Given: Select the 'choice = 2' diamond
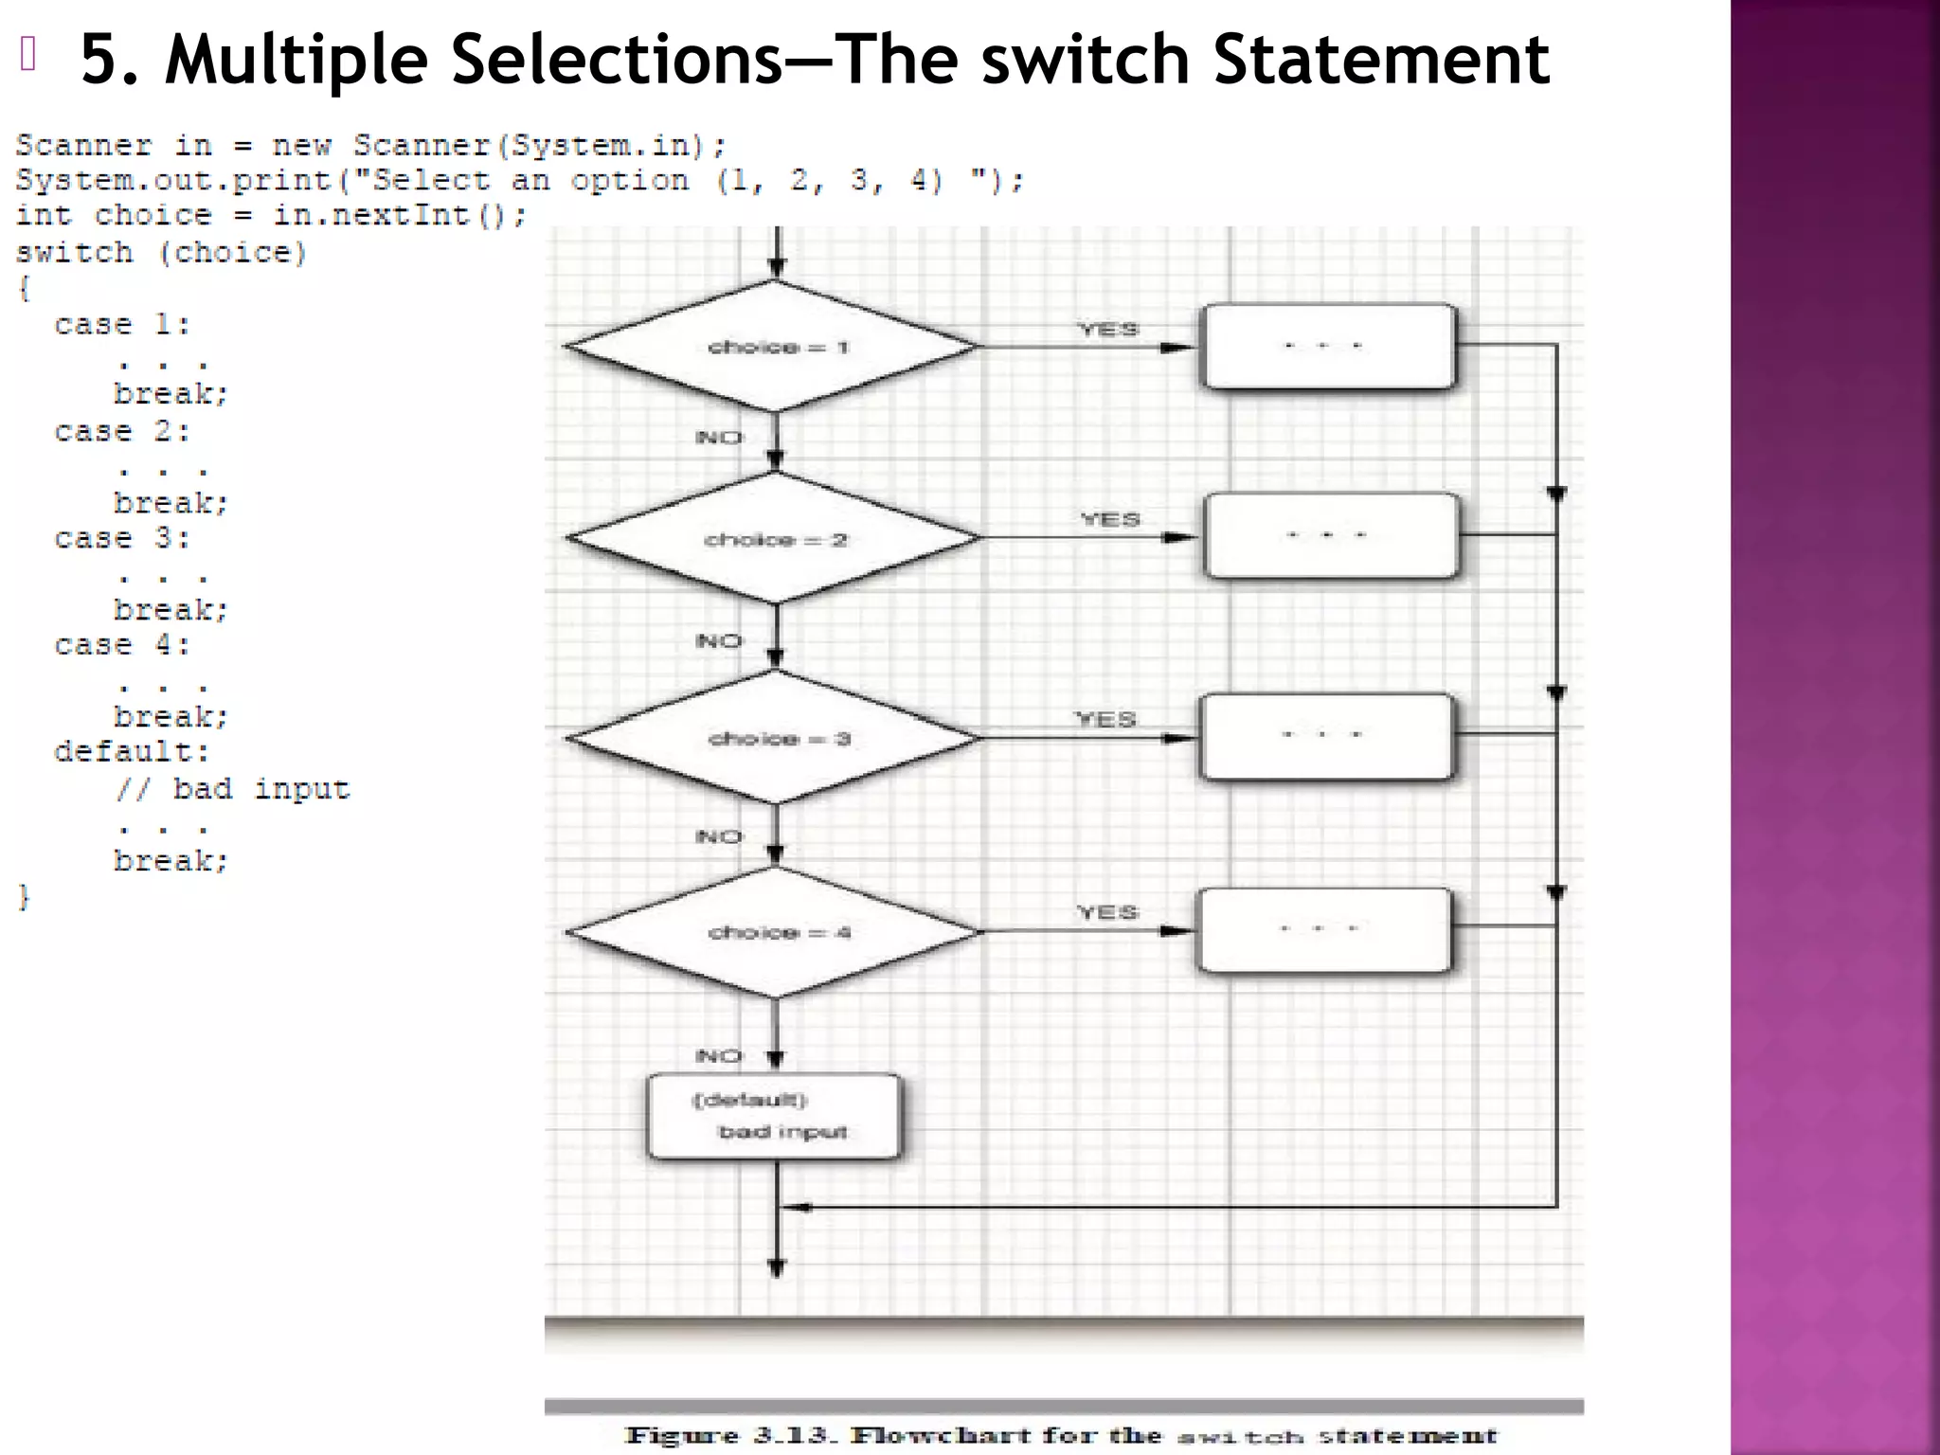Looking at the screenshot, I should click(774, 538).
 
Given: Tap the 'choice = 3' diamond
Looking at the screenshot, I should click(774, 738).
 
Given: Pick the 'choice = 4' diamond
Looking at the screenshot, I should click(774, 932).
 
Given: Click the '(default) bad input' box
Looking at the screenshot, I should click(774, 1116).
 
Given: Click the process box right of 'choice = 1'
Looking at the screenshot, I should click(1327, 347).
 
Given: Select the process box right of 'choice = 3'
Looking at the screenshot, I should click(1325, 736).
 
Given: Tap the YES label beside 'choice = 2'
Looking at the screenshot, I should click(1110, 520).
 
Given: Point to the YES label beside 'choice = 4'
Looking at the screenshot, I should click(1106, 912).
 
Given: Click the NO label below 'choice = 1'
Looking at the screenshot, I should click(719, 438).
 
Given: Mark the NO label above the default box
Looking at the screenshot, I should click(719, 1056).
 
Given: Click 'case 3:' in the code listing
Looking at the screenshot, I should click(122, 539).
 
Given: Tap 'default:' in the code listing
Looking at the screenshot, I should click(132, 752).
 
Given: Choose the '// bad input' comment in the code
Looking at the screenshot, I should click(233, 789).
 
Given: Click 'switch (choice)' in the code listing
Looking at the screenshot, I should click(161, 253).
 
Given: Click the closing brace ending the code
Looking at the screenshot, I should click(25, 897).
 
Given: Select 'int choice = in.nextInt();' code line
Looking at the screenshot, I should click(270, 216).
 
